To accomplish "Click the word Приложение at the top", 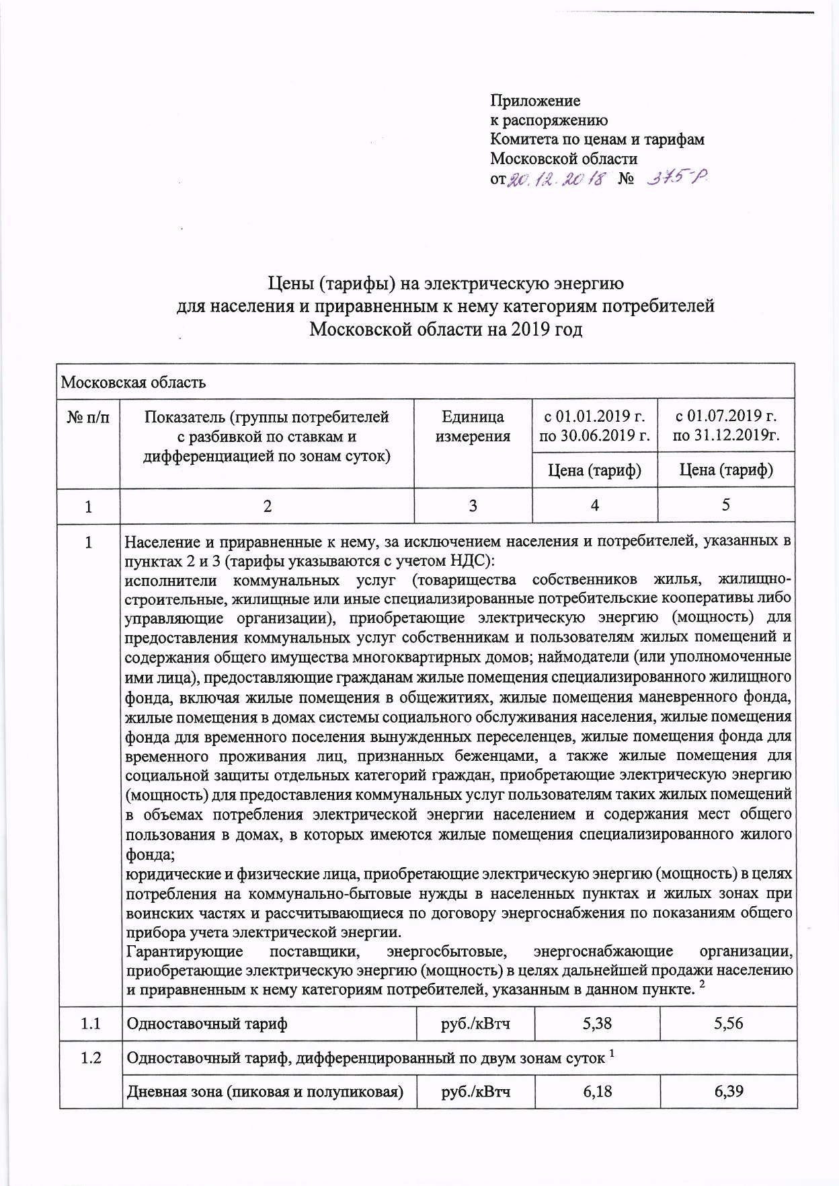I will pyautogui.click(x=535, y=102).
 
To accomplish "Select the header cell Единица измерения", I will pyautogui.click(x=473, y=427).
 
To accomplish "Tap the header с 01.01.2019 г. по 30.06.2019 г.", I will pyautogui.click(x=595, y=426).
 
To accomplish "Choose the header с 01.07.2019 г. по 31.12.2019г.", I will pyautogui.click(x=726, y=426).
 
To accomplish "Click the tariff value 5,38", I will pyautogui.click(x=596, y=1025).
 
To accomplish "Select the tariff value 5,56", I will pyautogui.click(x=728, y=1025).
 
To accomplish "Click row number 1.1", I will pyautogui.click(x=90, y=1025).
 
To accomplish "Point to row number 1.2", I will pyautogui.click(x=90, y=1058).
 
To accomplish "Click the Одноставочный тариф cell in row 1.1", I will pyautogui.click(x=207, y=1025).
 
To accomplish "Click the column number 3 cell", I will pyautogui.click(x=473, y=506).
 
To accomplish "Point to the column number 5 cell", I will pyautogui.click(x=726, y=506).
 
